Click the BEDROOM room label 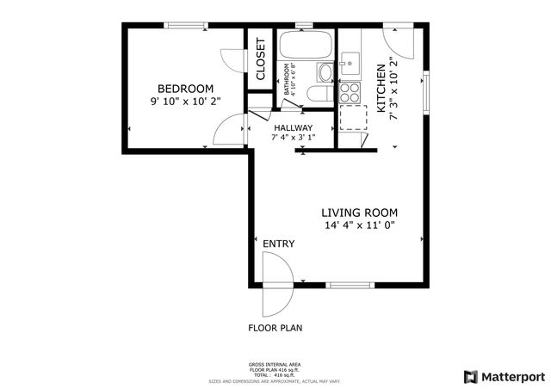point(185,88)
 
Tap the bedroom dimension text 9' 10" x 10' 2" point(185,102)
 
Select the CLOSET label point(260,59)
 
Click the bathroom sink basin point(324,71)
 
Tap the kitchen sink point(350,62)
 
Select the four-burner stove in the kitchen point(350,91)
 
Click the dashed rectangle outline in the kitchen point(352,117)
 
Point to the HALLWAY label point(294,127)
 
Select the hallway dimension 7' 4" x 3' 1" point(294,138)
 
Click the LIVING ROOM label point(360,213)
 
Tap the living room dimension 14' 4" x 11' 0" point(360,226)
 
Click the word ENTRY point(278,244)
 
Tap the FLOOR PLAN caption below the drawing point(275,328)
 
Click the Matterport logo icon point(469,376)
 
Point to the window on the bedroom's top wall point(185,27)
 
